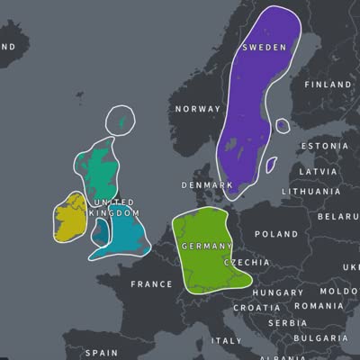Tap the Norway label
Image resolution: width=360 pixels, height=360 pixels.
click(x=197, y=109)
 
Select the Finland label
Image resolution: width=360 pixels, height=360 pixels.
click(x=328, y=85)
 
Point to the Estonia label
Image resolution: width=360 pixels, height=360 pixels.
click(x=324, y=146)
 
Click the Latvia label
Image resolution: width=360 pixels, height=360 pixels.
click(x=318, y=170)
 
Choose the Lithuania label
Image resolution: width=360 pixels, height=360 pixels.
click(x=310, y=192)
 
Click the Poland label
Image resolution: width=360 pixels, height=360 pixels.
click(x=275, y=234)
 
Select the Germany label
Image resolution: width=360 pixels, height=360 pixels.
click(x=207, y=246)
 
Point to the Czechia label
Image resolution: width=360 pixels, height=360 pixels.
click(x=246, y=262)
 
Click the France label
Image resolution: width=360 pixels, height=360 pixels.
click(x=151, y=284)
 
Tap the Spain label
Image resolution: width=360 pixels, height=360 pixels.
click(x=102, y=354)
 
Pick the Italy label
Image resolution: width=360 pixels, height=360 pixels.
click(x=226, y=341)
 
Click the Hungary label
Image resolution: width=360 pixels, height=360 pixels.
click(x=278, y=293)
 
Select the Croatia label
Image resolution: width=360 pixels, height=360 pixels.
click(x=257, y=308)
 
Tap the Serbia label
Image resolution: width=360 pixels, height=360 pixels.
click(x=287, y=323)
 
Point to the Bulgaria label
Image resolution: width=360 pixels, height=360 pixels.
click(x=322, y=338)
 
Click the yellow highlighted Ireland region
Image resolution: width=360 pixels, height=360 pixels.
click(x=67, y=220)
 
